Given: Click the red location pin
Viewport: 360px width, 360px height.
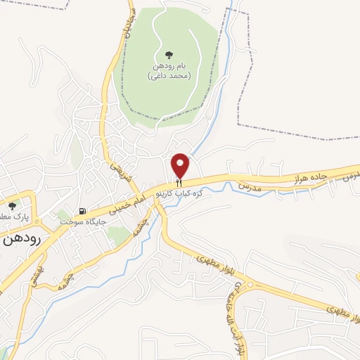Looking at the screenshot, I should [181, 165].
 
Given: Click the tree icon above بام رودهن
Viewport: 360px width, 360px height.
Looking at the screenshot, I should [168, 54].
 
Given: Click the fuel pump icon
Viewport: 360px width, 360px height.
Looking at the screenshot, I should [83, 211].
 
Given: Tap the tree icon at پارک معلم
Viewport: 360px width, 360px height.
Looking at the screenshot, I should [12, 206].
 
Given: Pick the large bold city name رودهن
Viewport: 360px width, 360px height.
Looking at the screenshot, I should [20, 239].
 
